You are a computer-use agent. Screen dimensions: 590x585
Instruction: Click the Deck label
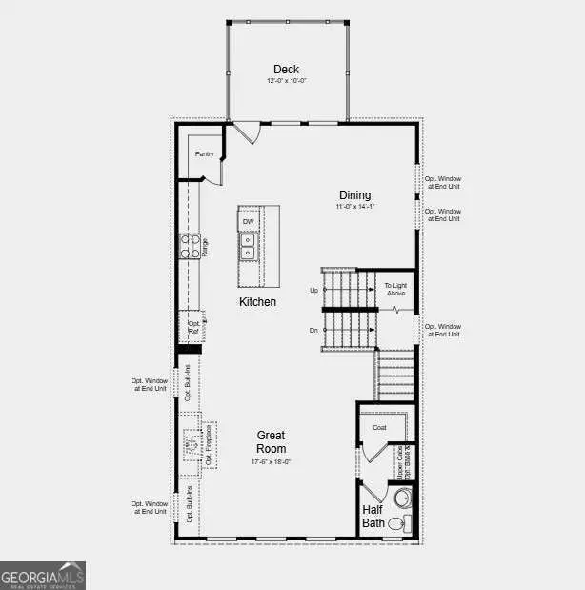286,69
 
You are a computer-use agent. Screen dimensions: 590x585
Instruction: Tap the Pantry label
204,153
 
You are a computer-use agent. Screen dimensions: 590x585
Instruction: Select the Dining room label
354,195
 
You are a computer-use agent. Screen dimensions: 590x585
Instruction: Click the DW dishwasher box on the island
248,222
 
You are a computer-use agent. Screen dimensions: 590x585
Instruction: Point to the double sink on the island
248,248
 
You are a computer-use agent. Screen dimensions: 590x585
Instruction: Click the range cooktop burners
189,247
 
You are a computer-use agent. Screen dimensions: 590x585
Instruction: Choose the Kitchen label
257,302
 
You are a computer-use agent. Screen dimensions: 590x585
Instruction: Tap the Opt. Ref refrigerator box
193,326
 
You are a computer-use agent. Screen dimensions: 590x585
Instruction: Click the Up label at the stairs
313,290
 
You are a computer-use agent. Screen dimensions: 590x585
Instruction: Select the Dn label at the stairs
313,330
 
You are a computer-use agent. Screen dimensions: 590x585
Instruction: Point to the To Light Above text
395,290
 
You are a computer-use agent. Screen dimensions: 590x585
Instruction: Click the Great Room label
271,442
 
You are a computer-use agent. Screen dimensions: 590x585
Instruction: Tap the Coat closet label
378,428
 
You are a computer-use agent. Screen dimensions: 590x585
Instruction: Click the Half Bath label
373,516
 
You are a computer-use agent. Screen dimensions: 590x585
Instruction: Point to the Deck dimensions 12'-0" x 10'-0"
286,81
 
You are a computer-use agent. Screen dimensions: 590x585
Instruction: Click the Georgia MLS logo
43,575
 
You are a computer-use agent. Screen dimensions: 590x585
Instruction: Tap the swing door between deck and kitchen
246,132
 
